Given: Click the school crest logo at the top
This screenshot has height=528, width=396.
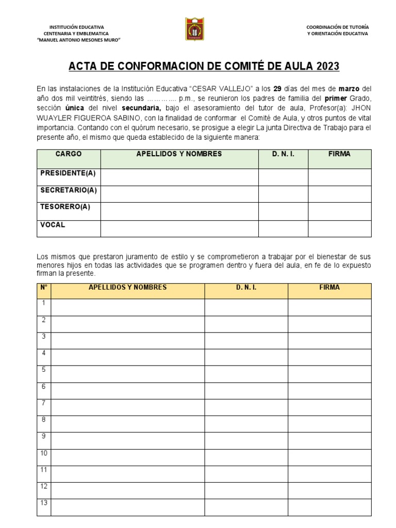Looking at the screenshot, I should click(x=195, y=29).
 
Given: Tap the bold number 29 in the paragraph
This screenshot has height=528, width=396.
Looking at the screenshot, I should click(x=276, y=89).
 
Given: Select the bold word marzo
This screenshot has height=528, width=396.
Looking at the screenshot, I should click(x=349, y=89).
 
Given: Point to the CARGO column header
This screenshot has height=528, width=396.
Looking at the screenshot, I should click(x=69, y=154).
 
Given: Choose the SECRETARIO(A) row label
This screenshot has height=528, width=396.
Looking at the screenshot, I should click(x=68, y=190).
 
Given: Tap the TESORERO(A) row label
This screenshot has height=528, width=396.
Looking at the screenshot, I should click(x=65, y=207).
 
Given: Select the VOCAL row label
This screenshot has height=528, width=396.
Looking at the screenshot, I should click(x=53, y=225).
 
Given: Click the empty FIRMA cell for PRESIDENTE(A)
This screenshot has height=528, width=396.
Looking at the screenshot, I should click(x=339, y=177).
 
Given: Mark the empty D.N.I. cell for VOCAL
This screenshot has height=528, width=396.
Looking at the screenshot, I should click(x=283, y=228).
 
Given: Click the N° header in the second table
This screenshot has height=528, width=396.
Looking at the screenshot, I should click(x=44, y=287).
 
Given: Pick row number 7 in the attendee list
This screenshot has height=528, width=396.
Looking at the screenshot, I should click(x=44, y=403).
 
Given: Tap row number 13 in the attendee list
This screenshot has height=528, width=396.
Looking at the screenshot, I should click(x=44, y=503).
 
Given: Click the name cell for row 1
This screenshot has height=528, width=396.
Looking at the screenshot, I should click(x=127, y=307).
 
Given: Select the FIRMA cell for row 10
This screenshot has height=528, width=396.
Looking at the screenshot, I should click(x=329, y=457).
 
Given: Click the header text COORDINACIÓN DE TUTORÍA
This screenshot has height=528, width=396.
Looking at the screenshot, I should click(x=337, y=27).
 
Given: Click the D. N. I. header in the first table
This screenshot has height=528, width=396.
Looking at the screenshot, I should click(x=283, y=154).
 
